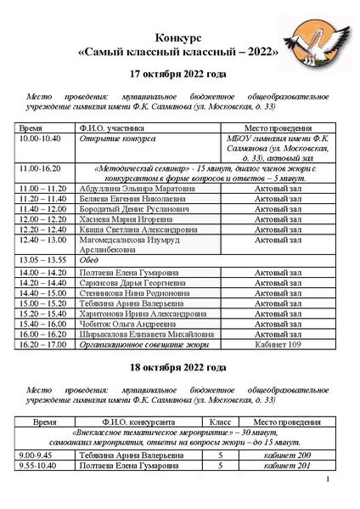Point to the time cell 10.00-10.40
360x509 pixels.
point(41,137)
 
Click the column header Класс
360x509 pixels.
point(219,421)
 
